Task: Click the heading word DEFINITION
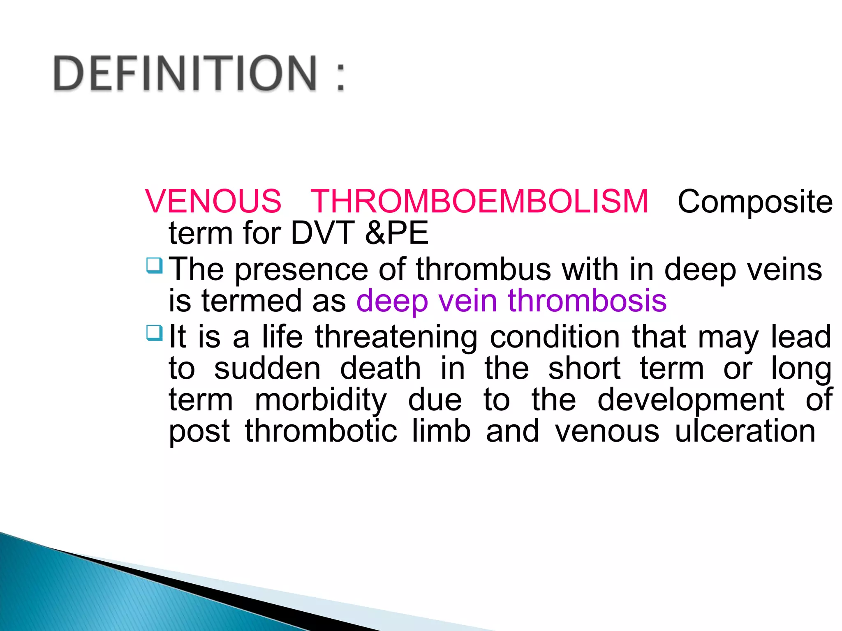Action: pyautogui.click(x=185, y=73)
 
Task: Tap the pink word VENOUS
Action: pyautogui.click(x=213, y=201)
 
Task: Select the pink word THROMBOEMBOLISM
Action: pyautogui.click(x=479, y=201)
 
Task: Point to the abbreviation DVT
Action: pyautogui.click(x=322, y=233)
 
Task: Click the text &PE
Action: pyautogui.click(x=396, y=233)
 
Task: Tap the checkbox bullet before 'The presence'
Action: pyautogui.click(x=155, y=265)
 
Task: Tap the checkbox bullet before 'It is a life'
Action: pyautogui.click(x=155, y=333)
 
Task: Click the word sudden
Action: pyautogui.click(x=267, y=368)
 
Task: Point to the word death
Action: pyautogui.click(x=380, y=368)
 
